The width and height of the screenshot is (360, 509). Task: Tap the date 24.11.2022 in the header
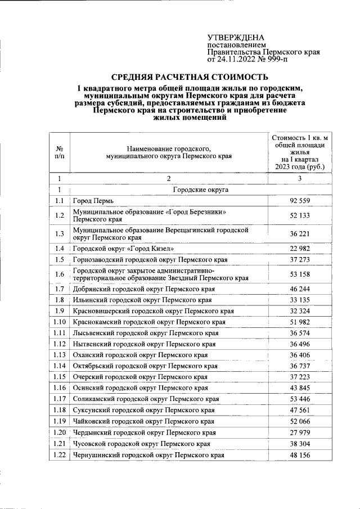pos(237,58)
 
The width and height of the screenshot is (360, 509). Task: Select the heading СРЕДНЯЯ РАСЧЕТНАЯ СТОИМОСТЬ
pos(190,76)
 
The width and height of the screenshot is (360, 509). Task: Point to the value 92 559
pos(300,201)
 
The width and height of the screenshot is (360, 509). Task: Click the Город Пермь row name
pos(93,201)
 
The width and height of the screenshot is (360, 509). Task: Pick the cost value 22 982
pos(300,248)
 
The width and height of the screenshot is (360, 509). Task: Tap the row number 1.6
pos(60,274)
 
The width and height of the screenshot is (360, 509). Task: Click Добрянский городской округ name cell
pos(143,289)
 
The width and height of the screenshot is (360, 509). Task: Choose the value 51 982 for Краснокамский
pos(300,322)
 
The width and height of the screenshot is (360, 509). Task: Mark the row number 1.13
pos(60,355)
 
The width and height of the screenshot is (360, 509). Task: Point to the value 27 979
pos(300,433)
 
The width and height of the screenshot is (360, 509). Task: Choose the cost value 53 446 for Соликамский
pos(300,399)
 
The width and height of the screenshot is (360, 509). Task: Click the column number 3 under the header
pos(300,179)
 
